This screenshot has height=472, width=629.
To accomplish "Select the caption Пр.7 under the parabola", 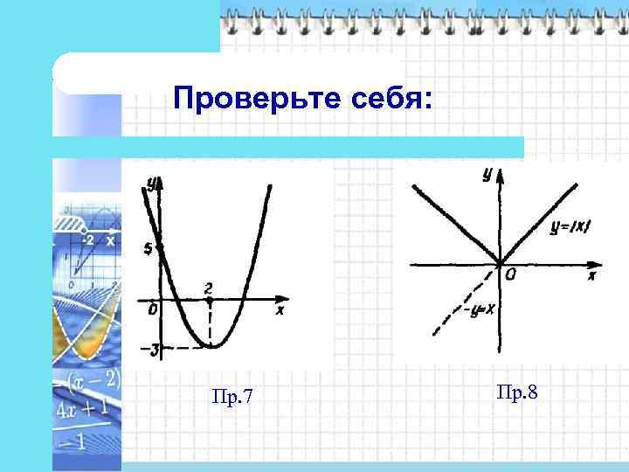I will [x=233, y=399].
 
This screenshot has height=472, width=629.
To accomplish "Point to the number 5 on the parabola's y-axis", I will [x=149, y=249].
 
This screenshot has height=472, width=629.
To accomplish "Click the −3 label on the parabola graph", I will [x=151, y=350].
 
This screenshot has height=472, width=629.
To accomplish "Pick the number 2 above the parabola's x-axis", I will [x=208, y=288].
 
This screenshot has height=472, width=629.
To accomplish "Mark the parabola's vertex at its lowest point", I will [x=211, y=347].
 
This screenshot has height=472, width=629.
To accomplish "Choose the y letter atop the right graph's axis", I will [x=486, y=175].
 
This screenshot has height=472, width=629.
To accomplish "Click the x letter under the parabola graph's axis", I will [x=280, y=311].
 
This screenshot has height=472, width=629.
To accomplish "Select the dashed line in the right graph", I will [x=463, y=302].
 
